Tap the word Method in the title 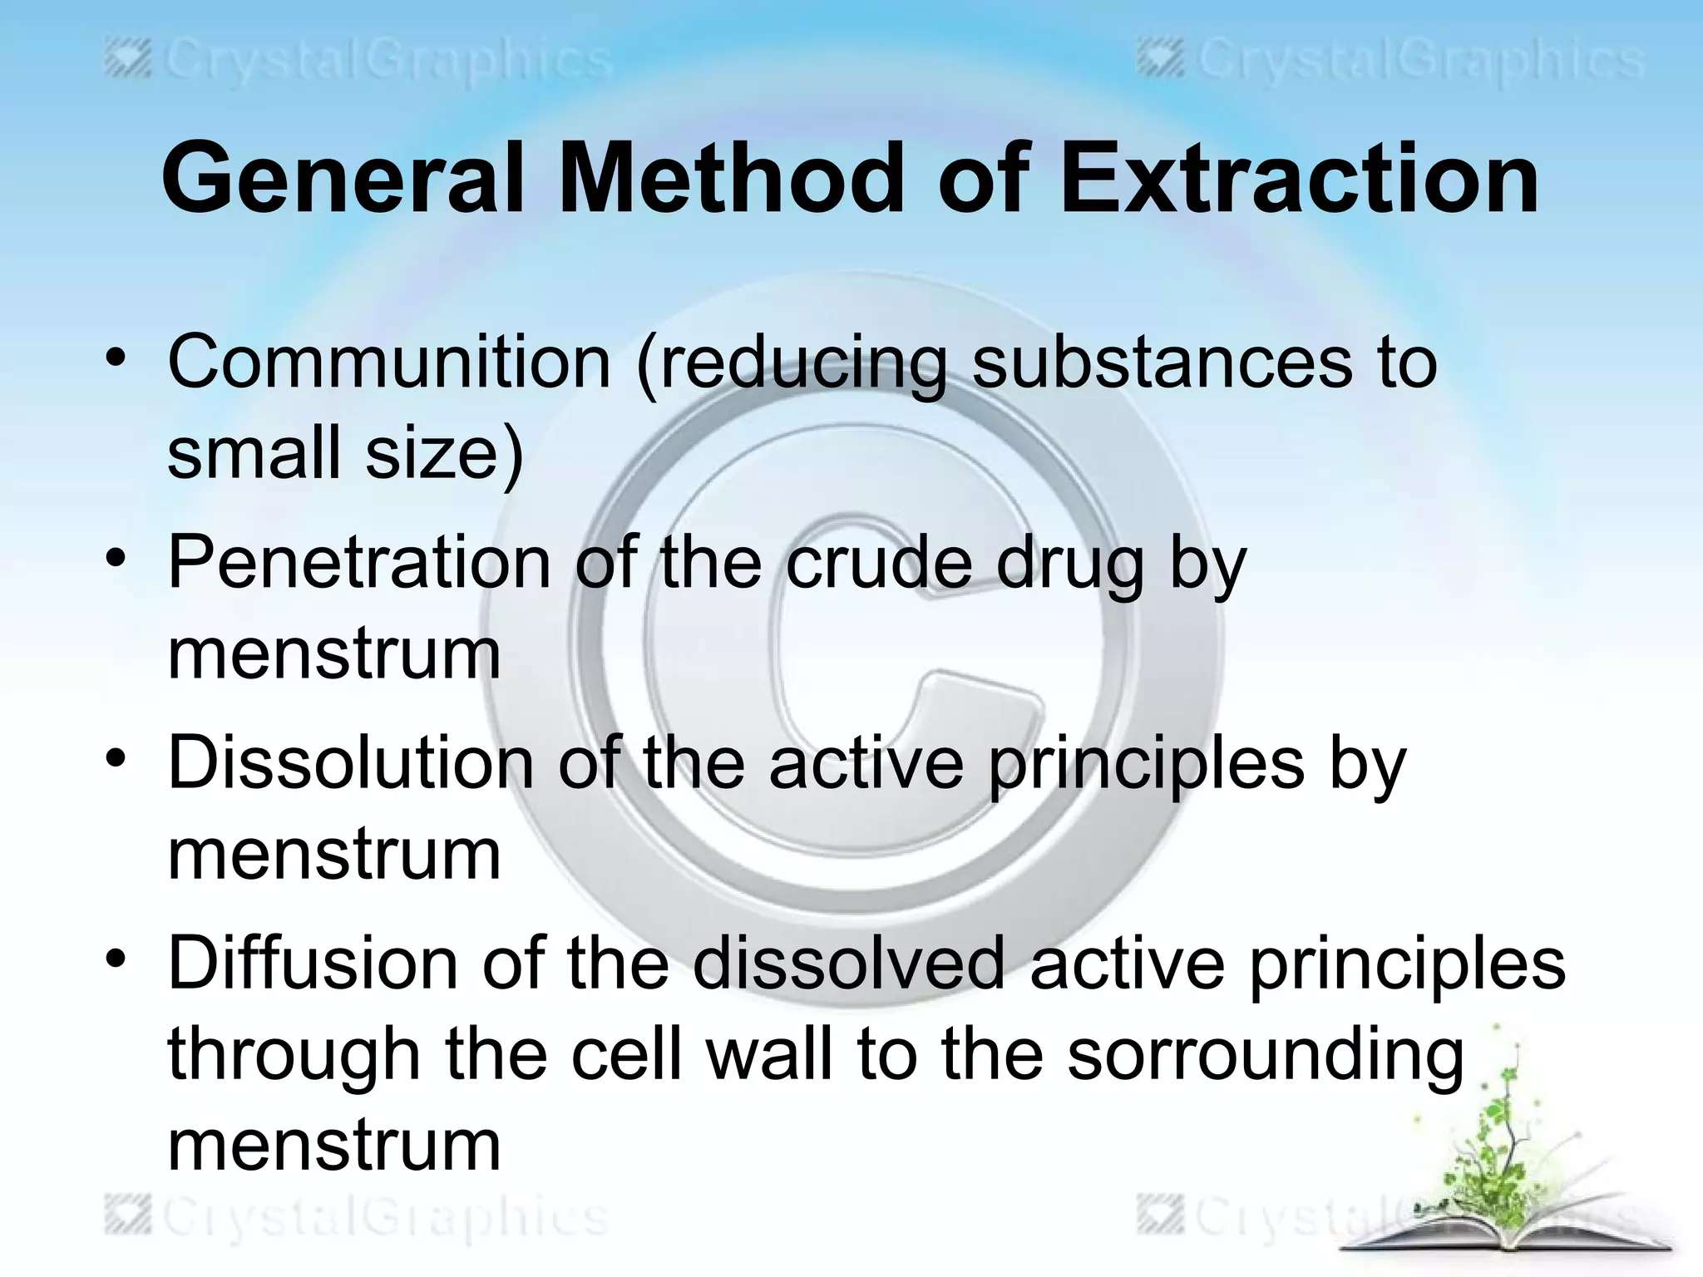(x=730, y=179)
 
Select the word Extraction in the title (x=1298, y=179)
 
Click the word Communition (x=389, y=362)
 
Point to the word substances (x=1162, y=362)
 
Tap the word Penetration (x=359, y=563)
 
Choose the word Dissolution (x=350, y=762)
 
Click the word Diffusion (x=313, y=962)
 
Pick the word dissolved (x=849, y=962)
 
